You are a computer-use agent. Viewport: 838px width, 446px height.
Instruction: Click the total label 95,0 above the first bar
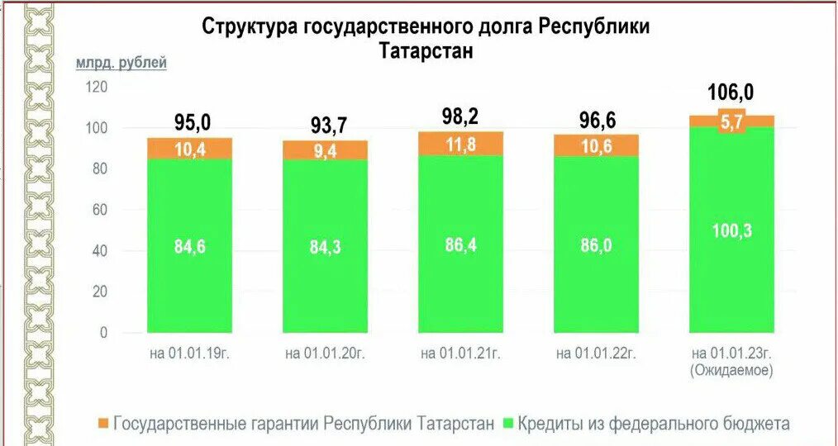(x=192, y=123)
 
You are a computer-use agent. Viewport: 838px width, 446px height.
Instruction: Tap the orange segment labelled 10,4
(x=191, y=148)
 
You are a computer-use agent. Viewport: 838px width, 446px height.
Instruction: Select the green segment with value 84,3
(x=326, y=246)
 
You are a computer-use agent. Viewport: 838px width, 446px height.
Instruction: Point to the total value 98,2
(x=460, y=116)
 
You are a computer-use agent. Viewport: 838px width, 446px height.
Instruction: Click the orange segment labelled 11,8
(x=461, y=144)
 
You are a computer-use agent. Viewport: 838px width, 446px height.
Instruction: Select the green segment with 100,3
(x=732, y=230)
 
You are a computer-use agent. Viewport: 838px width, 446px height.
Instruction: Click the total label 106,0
(x=731, y=93)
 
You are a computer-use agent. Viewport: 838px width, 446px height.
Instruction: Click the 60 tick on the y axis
(x=100, y=210)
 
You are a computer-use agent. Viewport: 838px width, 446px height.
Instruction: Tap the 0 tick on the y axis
(x=103, y=333)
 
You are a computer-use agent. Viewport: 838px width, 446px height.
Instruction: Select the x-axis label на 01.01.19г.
(x=190, y=353)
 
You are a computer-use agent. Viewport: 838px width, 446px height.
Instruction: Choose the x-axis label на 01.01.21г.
(x=460, y=353)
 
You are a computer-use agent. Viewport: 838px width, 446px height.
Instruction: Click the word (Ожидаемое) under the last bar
(x=731, y=371)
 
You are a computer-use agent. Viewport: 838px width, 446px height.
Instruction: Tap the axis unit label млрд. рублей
(x=121, y=63)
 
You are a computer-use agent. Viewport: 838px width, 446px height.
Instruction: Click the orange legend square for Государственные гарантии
(x=102, y=424)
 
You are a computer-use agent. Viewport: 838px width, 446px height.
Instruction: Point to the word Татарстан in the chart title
(x=426, y=50)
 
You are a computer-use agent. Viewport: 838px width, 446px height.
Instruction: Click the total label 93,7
(x=326, y=126)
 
